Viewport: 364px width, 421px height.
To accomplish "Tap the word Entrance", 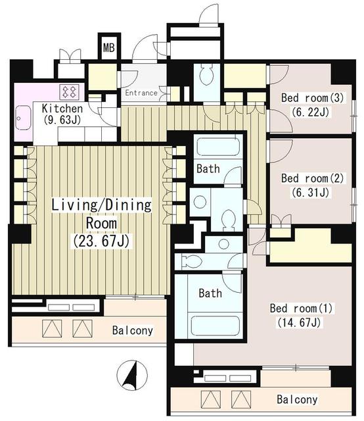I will (x=141, y=93).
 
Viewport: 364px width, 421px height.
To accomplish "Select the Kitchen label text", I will (x=62, y=109).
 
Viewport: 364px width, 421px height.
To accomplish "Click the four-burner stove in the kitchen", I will (x=70, y=91).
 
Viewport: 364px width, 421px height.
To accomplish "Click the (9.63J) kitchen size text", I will (x=62, y=120).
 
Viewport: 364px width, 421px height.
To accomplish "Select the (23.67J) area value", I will (x=102, y=241).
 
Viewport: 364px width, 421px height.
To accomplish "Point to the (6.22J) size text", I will (x=306, y=112).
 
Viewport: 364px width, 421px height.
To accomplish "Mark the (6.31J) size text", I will (x=306, y=192).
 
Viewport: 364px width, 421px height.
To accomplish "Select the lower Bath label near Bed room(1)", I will (x=210, y=293).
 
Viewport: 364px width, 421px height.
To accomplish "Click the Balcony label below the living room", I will (x=132, y=330).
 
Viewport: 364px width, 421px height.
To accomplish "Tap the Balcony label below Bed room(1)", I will (x=296, y=399).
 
